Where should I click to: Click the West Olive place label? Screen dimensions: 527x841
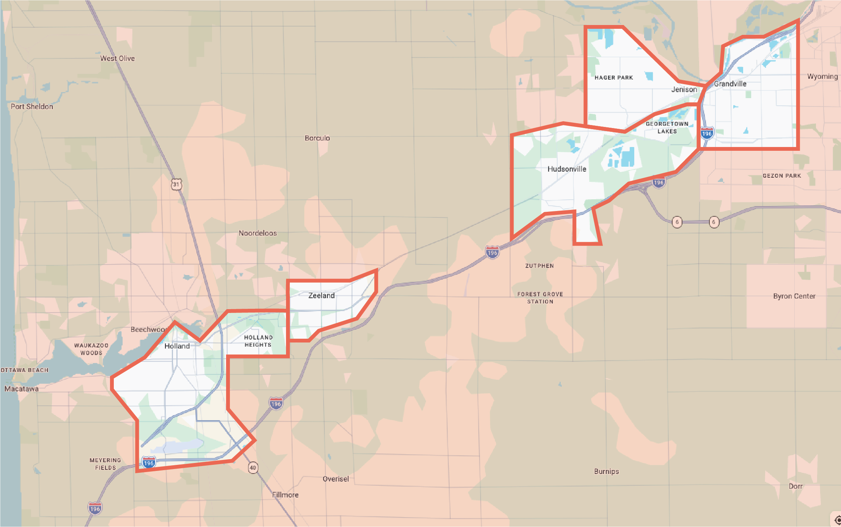(117, 58)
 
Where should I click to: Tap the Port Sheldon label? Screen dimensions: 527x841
(32, 106)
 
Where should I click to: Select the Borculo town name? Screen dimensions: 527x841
(317, 138)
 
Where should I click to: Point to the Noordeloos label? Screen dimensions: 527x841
(258, 233)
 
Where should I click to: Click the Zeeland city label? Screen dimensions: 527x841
(321, 296)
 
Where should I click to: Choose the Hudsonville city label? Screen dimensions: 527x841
(567, 169)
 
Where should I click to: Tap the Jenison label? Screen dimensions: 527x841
(684, 89)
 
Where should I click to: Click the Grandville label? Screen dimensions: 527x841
(730, 84)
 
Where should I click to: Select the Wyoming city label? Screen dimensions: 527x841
(822, 77)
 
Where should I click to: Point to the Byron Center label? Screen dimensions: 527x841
(794, 296)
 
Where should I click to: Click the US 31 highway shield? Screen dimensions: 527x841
(176, 185)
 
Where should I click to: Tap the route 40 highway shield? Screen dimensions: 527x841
(253, 468)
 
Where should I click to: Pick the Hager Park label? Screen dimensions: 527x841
(613, 78)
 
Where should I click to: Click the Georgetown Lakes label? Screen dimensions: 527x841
(667, 128)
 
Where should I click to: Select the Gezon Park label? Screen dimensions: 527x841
(782, 176)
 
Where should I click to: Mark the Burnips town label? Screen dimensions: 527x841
(606, 471)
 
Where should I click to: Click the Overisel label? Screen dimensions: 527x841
(336, 479)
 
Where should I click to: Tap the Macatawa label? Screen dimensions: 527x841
(21, 389)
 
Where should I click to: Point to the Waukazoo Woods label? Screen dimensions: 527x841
(91, 349)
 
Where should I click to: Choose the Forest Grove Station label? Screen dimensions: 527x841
(540, 298)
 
